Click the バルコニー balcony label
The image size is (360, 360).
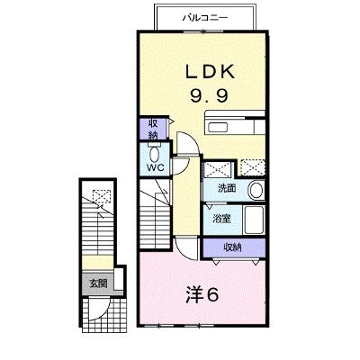coord(205,18)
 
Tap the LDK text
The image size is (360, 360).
coord(210,72)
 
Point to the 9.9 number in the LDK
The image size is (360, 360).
coord(209,95)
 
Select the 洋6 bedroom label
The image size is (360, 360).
coord(202,294)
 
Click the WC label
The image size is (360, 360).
coord(156,167)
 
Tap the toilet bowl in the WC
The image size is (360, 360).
coord(155,154)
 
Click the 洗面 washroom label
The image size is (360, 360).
coord(227,188)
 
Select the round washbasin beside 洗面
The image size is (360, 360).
coord(256,190)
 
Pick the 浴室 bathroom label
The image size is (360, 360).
coord(221,219)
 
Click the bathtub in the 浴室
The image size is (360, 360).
coord(254,220)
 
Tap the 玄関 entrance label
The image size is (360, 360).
coord(99,283)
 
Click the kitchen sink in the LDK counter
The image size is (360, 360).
coord(219,128)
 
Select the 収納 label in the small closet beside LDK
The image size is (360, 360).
coord(153,130)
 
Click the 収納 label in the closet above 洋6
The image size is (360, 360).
coord(232,247)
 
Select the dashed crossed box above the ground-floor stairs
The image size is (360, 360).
coord(102,197)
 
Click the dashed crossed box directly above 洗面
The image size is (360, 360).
coord(218,169)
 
